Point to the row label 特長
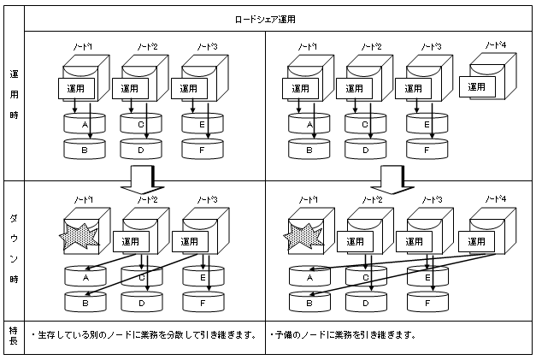(x=14, y=334)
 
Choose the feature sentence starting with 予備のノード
(x=342, y=335)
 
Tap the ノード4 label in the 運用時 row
(x=493, y=45)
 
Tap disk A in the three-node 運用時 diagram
(x=83, y=125)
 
